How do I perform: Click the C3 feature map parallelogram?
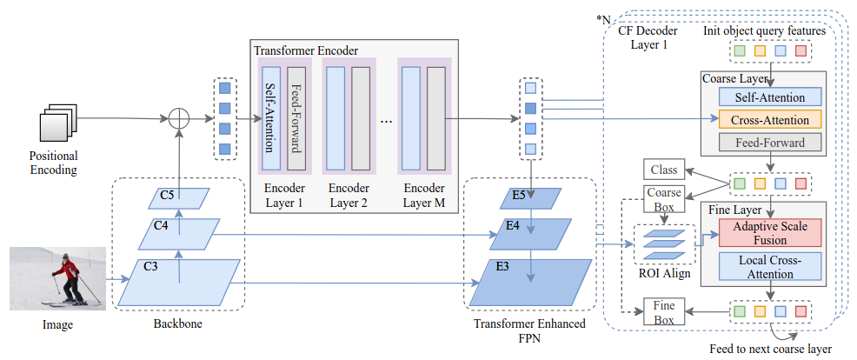point(180,280)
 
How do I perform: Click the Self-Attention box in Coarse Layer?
point(769,97)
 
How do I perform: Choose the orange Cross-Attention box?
point(769,120)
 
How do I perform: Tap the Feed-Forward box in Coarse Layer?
point(769,142)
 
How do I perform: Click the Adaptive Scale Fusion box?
point(769,233)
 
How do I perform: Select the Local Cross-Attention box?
point(769,267)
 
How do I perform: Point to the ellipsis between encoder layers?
point(386,121)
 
